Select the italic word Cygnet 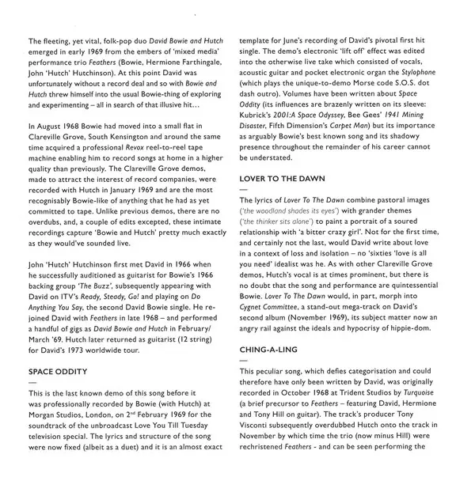pyautogui.click(x=257, y=305)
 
